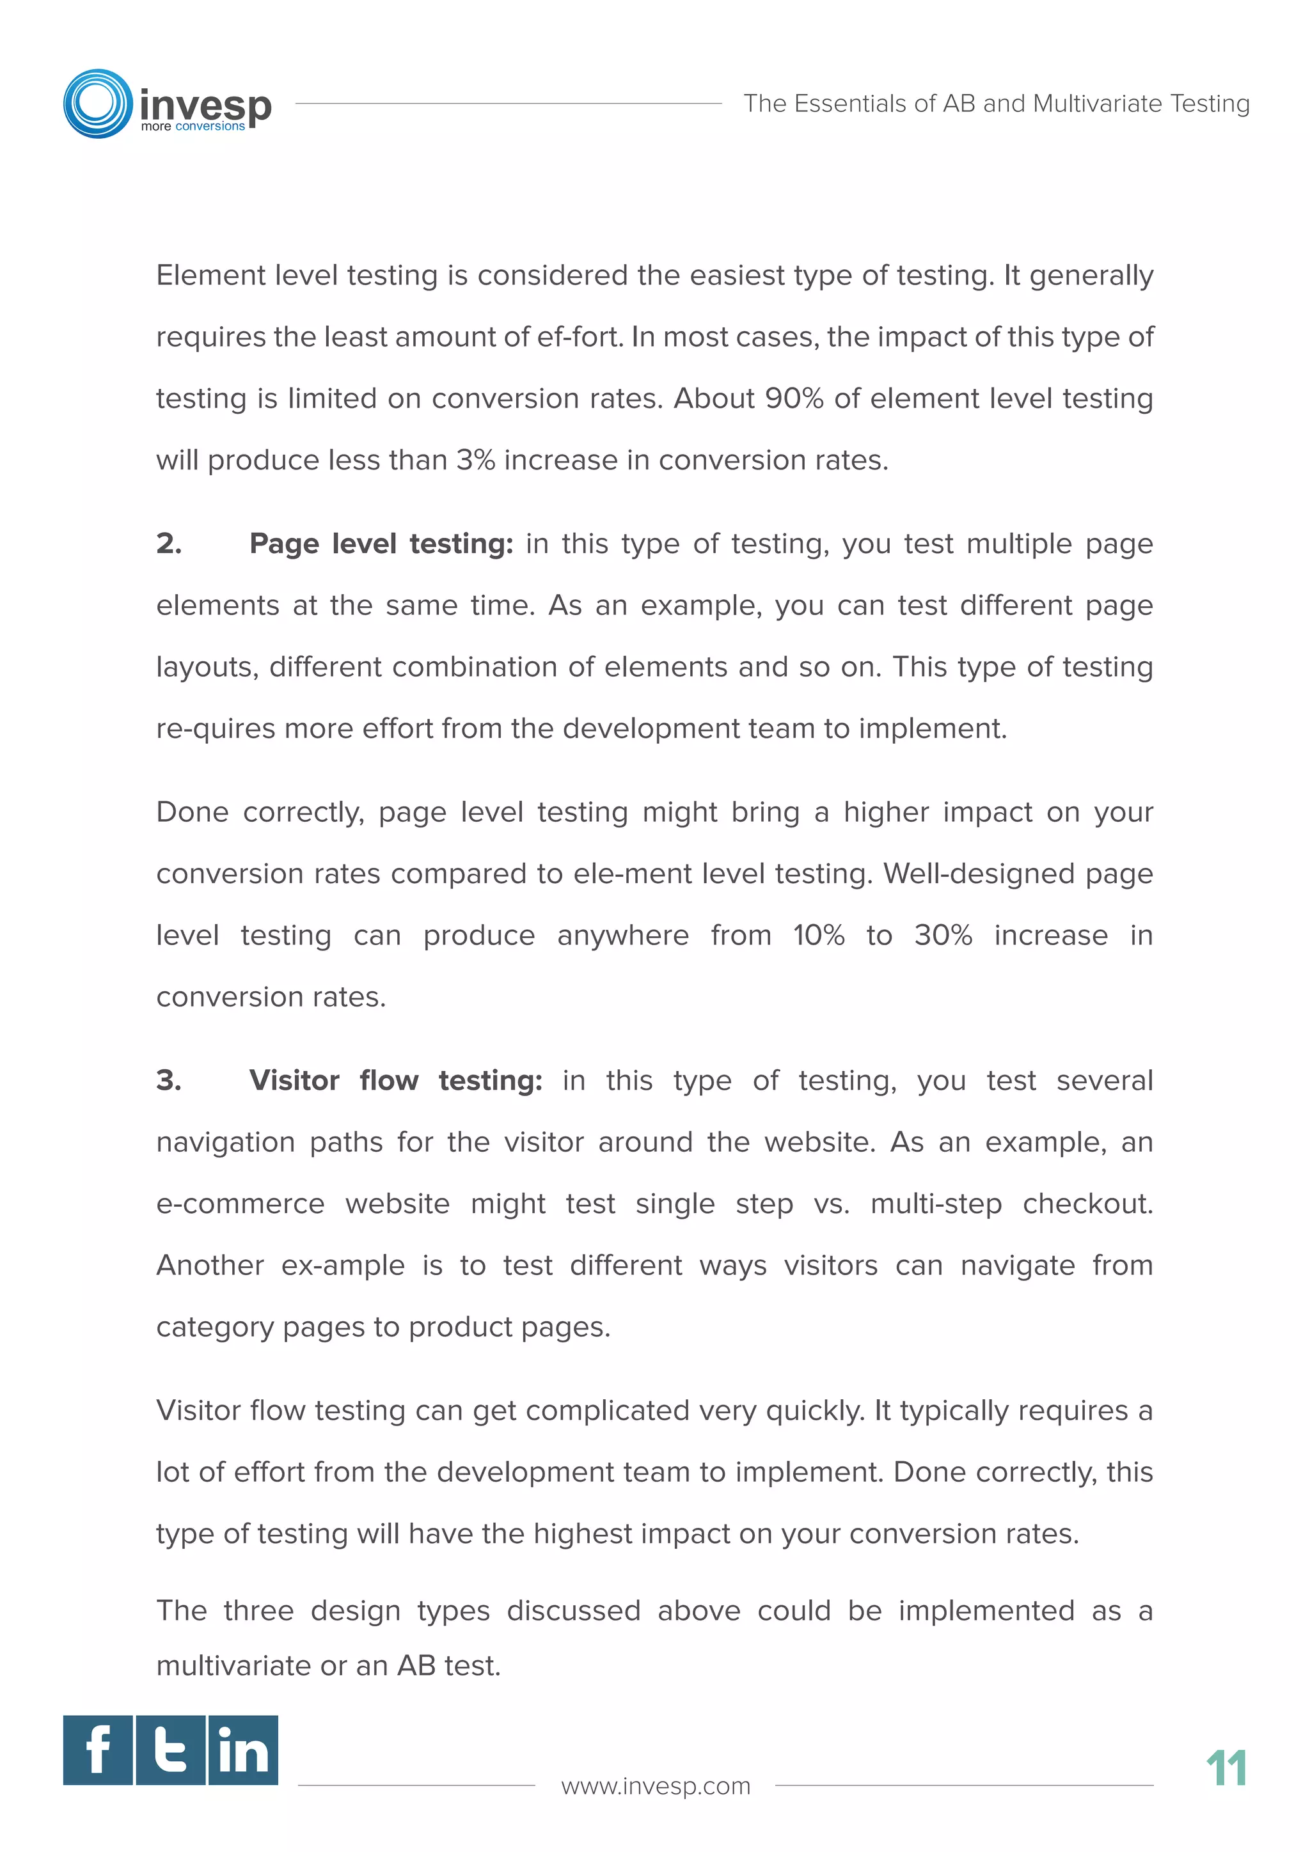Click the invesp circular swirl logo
click(x=98, y=103)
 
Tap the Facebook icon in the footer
click(x=98, y=1750)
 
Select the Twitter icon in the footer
click(x=170, y=1750)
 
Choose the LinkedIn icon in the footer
click(x=243, y=1750)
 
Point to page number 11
click(x=1226, y=1768)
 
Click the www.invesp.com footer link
click(x=655, y=1786)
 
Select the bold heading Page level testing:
click(x=381, y=544)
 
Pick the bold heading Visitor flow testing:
click(x=395, y=1080)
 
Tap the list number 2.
click(x=169, y=544)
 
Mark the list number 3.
click(x=169, y=1080)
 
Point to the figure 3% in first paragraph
click(x=475, y=460)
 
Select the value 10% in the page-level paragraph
click(x=819, y=935)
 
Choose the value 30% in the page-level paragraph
click(x=943, y=935)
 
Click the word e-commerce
click(x=241, y=1204)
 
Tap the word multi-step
click(x=936, y=1204)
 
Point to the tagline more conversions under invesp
click(x=193, y=127)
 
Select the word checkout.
click(x=1087, y=1204)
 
